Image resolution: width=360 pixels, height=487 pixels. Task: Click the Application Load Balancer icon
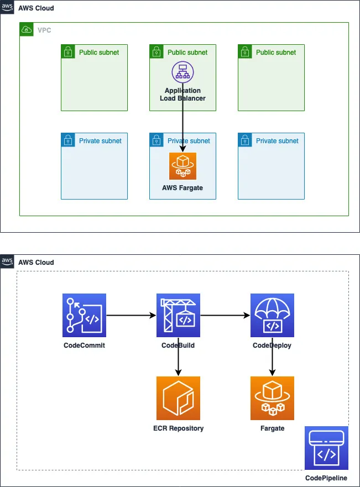182,72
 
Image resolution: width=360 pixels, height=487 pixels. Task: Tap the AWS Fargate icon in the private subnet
182,166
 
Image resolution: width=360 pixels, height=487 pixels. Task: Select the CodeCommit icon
84,315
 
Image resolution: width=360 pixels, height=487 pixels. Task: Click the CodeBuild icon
178,315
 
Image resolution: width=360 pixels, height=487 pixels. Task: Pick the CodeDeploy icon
272,315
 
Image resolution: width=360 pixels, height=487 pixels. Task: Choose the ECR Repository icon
178,398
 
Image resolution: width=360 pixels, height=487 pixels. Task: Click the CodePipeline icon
326,448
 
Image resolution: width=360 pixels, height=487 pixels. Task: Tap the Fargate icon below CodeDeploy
272,398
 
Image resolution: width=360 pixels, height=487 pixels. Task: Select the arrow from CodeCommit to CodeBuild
131,316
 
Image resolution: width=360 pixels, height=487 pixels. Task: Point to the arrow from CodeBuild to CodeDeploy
225,316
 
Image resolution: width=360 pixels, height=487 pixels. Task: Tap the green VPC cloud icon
26,29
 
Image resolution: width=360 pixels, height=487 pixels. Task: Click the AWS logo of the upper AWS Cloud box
7,7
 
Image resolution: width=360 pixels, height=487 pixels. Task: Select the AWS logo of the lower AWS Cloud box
7,261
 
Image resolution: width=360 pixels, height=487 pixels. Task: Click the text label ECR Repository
178,428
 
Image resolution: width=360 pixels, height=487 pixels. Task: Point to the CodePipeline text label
326,478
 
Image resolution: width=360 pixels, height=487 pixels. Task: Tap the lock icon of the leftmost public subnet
67,51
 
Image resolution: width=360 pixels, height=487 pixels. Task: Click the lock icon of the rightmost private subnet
244,140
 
